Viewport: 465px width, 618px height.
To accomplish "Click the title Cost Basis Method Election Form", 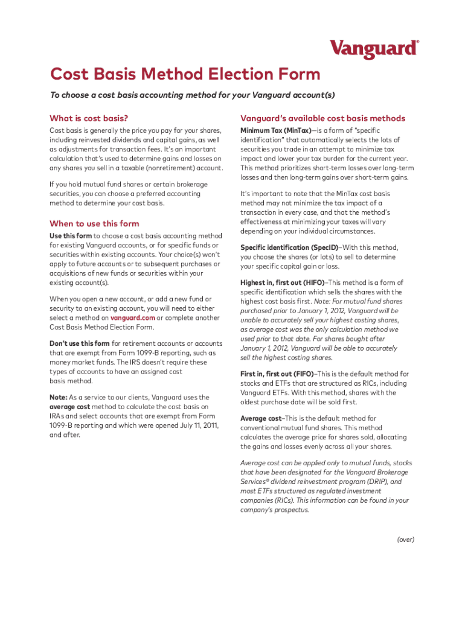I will tap(185, 75).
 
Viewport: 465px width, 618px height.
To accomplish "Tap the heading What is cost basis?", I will tap(89, 118).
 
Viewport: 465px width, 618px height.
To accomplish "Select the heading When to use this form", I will tap(94, 223).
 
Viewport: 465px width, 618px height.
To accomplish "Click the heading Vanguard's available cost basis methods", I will tap(322, 118).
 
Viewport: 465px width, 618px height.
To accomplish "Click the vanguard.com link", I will tap(132, 318).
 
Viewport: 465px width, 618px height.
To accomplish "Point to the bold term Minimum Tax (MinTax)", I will tap(276, 130).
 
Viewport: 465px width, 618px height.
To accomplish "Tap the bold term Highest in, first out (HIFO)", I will tap(282, 282).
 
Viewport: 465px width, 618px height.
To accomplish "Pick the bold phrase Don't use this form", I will tap(79, 344).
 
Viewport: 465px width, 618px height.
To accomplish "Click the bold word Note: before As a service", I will tap(59, 398).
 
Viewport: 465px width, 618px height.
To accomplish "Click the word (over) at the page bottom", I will tap(405, 540).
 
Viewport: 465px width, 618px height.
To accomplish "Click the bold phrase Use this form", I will tap(71, 235).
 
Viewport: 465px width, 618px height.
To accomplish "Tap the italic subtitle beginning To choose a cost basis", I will tap(192, 95).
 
